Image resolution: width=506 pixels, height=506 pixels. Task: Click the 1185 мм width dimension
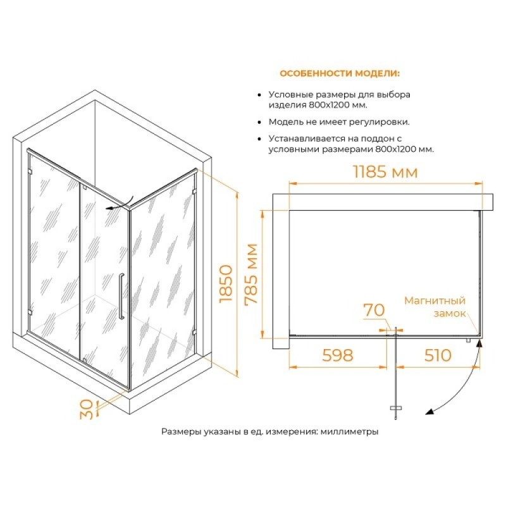coord(386,171)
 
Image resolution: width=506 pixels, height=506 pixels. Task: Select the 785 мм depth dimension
coord(252,274)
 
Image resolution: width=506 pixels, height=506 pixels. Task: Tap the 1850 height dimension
coord(226,283)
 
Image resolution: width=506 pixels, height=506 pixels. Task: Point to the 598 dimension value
coord(338,355)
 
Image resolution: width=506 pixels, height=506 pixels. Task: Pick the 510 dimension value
coord(438,355)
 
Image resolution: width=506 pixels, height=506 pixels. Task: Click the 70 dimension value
coord(374,310)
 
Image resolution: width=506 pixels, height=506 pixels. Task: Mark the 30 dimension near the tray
coord(87,409)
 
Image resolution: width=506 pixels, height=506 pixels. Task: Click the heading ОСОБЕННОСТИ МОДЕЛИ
coord(340,73)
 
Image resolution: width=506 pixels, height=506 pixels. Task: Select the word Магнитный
coord(435,301)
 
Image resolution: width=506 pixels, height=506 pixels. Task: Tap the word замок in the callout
coord(450,313)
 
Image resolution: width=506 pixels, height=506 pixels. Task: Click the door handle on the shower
coord(121,296)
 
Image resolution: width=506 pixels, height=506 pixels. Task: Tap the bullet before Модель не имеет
coord(259,122)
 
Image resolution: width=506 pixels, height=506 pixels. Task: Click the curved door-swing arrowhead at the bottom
coord(429,412)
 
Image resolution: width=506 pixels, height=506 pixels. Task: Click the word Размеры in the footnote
coord(182,431)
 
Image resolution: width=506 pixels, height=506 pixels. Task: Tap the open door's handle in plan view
coord(396,408)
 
